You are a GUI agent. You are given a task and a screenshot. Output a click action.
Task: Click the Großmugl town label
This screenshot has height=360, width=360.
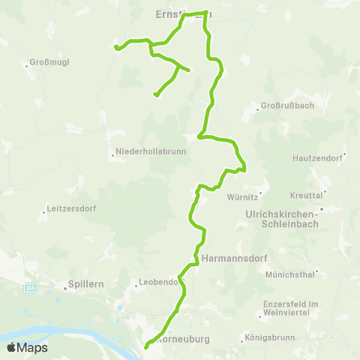[49, 62]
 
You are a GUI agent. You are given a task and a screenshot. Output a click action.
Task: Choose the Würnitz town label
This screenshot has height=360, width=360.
[242, 198]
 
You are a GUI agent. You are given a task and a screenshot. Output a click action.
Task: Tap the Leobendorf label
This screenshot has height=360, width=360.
[160, 283]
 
